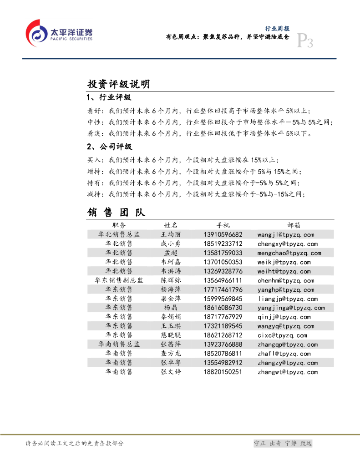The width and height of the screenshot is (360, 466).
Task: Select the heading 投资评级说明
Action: (118, 84)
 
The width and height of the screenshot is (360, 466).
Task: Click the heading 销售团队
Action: (116, 212)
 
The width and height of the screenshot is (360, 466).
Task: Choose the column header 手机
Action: (223, 225)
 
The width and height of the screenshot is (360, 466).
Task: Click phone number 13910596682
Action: (223, 235)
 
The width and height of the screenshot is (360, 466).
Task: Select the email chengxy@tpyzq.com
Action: (287, 244)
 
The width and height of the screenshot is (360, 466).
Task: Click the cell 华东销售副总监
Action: (119, 280)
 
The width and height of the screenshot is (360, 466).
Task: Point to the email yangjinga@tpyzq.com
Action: (291, 308)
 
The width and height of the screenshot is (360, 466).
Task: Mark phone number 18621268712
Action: (223, 335)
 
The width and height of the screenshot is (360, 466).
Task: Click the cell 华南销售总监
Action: (119, 344)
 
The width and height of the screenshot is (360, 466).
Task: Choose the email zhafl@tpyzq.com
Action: (284, 354)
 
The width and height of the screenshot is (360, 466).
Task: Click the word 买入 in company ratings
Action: (95, 160)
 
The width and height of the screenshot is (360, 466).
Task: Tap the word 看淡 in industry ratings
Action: (95, 134)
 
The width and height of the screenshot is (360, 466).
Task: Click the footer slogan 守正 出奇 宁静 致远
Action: (283, 443)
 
